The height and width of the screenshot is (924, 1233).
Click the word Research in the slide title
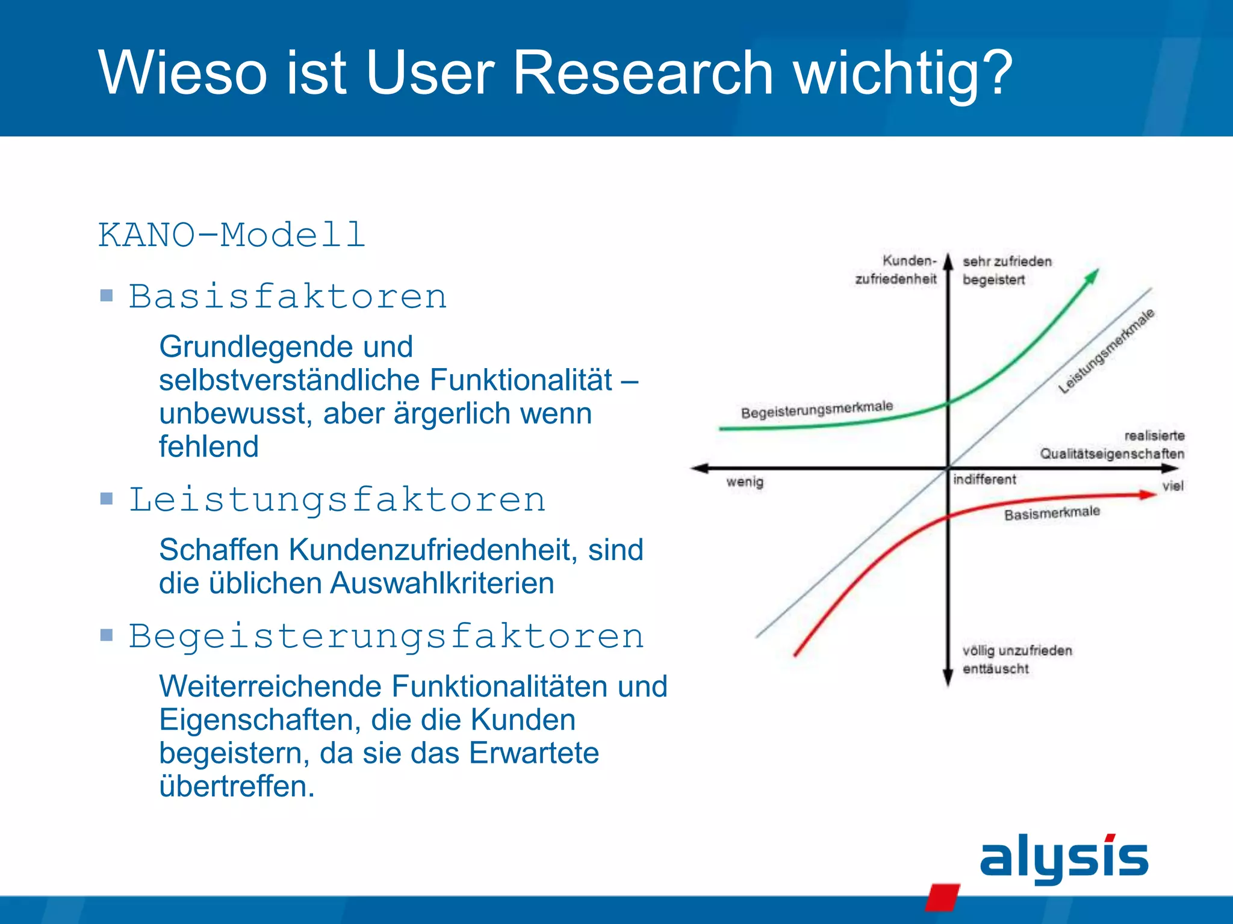coord(642,73)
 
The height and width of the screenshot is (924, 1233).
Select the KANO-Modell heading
coord(232,235)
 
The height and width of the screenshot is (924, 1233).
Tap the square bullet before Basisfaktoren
coord(107,295)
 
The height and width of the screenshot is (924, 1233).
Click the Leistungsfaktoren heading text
coord(337,500)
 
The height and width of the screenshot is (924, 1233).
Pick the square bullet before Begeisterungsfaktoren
coord(107,635)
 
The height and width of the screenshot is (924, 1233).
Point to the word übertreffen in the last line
coord(237,786)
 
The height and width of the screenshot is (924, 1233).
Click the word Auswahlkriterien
coord(442,583)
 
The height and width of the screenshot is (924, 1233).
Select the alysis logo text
coord(1064,858)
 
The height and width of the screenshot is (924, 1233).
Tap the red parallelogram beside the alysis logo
coord(942,896)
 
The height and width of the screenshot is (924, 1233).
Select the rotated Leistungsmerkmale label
coord(1107,351)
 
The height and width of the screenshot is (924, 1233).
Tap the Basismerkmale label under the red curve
coord(1052,513)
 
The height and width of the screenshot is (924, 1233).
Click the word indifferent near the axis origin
coord(984,479)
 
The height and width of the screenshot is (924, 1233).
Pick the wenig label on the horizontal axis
coord(745,482)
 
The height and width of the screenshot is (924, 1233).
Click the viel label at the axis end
coord(1172,486)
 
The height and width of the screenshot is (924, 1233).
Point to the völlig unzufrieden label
coord(1017,651)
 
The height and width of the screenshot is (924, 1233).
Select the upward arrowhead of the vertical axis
coord(948,262)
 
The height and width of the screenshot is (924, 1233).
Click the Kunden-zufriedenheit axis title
coord(896,269)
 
